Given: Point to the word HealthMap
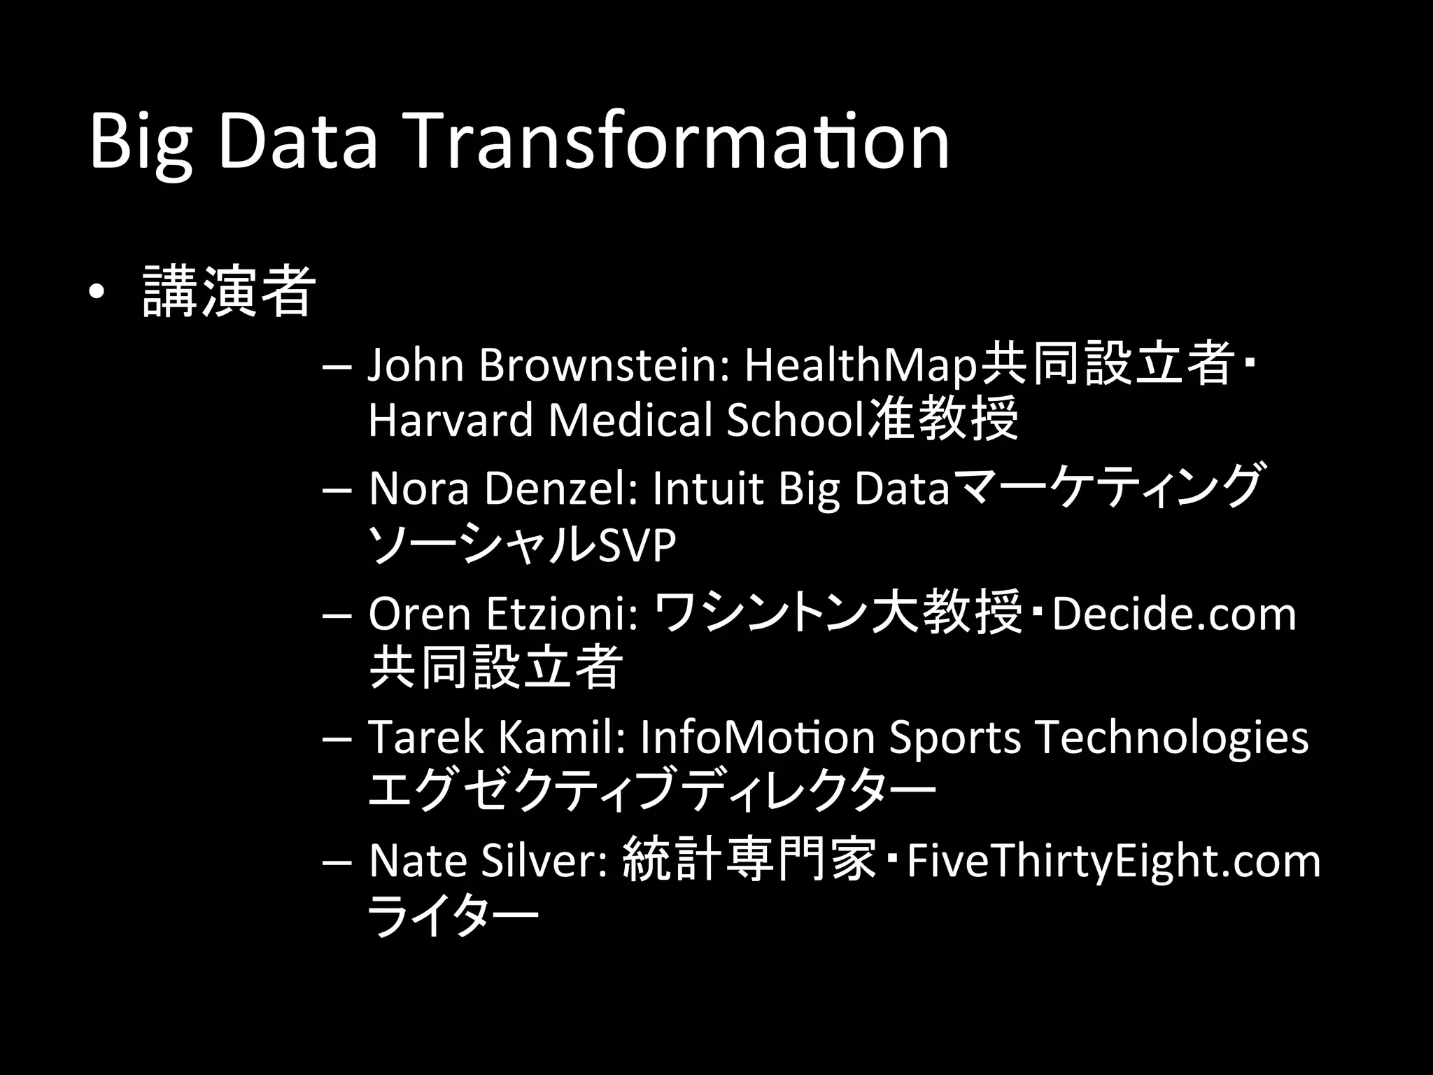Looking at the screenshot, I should tap(861, 365).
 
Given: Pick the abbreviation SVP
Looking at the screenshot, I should tap(637, 544).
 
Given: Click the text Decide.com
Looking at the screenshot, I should tap(1173, 613).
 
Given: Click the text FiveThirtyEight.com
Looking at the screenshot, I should tap(1113, 860).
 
